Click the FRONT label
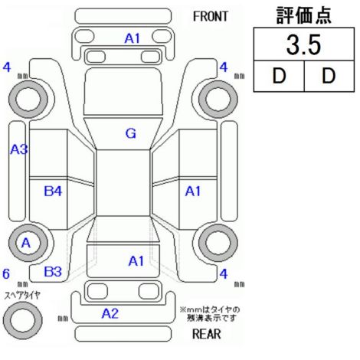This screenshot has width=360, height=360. point(211,17)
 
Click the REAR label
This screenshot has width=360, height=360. point(206,334)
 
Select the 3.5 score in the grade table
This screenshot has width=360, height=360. point(303,45)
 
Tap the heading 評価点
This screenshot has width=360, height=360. point(304,15)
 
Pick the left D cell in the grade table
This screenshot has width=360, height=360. point(279,76)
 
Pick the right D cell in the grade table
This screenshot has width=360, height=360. point(329,76)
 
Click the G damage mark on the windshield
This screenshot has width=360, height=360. point(131,133)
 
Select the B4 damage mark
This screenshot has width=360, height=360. point(53,191)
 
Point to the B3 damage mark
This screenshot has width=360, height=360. point(53,272)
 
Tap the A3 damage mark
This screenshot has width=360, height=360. point(19,149)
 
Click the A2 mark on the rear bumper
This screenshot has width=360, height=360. point(110,313)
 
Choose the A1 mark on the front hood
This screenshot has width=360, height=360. point(133,38)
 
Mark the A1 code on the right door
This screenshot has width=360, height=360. point(193,191)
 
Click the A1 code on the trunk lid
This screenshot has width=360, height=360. point(136,261)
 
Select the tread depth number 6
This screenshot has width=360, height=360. point(6,273)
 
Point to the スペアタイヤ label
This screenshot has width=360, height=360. point(22,296)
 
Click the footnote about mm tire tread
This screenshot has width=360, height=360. point(210,314)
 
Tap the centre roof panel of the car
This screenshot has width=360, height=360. point(123,183)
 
